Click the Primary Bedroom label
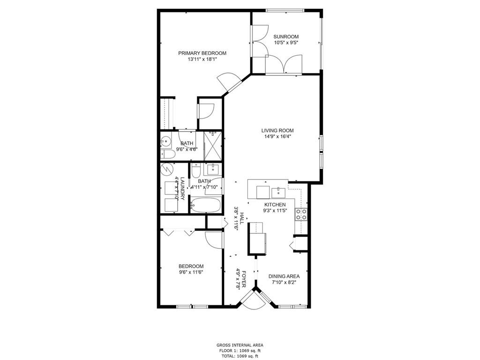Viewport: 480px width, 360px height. [x=202, y=53]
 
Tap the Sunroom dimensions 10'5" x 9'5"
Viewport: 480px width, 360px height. [x=286, y=43]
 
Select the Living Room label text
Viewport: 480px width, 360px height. [x=277, y=130]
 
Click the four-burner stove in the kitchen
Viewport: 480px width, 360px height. [x=301, y=214]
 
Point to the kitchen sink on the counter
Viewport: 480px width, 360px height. [x=278, y=193]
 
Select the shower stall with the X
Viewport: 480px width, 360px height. [x=212, y=146]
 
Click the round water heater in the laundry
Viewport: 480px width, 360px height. [x=167, y=169]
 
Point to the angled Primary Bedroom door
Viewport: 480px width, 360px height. [x=229, y=82]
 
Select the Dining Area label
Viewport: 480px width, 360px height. [x=284, y=277]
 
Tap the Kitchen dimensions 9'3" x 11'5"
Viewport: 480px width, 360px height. [x=275, y=210]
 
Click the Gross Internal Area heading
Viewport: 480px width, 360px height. [x=240, y=345]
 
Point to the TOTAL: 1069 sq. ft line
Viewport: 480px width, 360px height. [x=240, y=356]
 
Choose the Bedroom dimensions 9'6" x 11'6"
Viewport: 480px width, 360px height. [x=191, y=272]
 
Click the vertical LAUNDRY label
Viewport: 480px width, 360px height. [x=182, y=188]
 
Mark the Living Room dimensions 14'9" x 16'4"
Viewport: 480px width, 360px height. [x=277, y=136]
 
